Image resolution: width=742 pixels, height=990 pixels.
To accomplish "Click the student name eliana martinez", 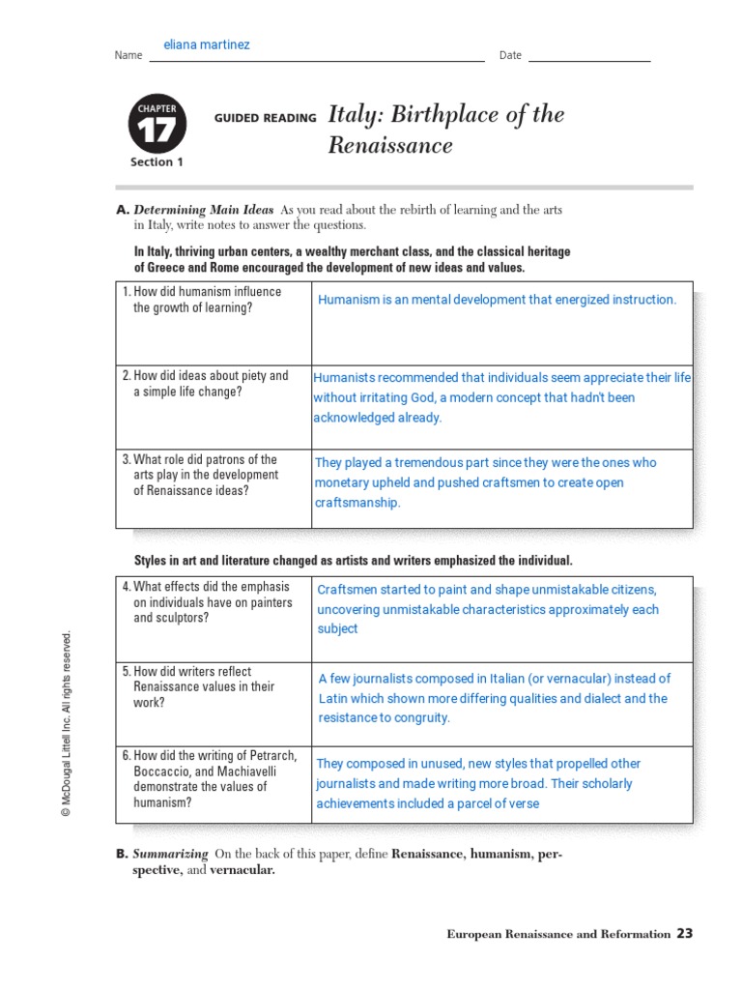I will pos(207,45).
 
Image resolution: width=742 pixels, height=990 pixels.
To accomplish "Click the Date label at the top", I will pos(510,55).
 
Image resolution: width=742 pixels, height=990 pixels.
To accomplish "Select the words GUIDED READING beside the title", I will pos(265,118).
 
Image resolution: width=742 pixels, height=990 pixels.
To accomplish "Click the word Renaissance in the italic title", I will pos(390,146).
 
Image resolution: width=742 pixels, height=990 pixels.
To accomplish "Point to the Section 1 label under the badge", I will pos(157,162).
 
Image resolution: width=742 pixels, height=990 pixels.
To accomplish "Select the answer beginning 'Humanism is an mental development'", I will pos(497,300).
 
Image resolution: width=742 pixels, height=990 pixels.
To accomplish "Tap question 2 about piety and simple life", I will pos(210,384).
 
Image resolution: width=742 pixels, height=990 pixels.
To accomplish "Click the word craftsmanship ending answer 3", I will pos(357,503).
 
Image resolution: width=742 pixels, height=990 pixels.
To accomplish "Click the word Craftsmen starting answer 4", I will pos(347,590).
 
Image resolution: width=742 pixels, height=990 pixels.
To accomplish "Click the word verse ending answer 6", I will pos(523,803).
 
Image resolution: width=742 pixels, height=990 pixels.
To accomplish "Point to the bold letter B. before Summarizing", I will pos(122,854).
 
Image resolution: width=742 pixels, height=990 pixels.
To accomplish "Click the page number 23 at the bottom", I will pos(684,933).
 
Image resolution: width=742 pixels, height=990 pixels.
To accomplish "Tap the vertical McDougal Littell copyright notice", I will pos(67,724).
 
